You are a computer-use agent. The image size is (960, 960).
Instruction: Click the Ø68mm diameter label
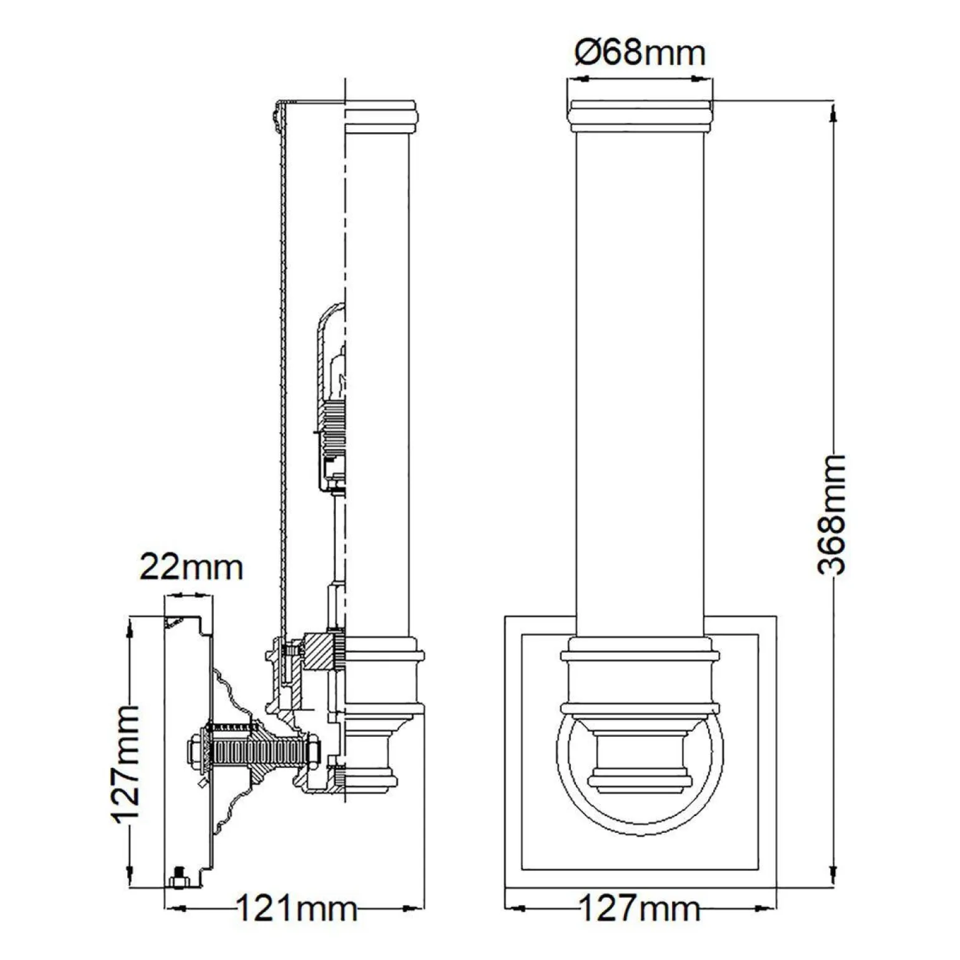(x=640, y=53)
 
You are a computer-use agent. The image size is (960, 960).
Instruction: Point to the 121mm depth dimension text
(x=296, y=909)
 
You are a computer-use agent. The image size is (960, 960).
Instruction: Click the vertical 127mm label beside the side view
(x=127, y=764)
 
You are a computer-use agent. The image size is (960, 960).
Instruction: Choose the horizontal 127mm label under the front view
(x=640, y=909)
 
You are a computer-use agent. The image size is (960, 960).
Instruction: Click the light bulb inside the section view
(x=335, y=374)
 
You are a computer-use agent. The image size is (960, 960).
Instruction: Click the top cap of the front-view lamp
(x=640, y=115)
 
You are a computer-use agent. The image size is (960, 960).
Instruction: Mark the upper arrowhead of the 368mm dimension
(x=833, y=112)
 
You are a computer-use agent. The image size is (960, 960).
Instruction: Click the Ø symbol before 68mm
(x=587, y=53)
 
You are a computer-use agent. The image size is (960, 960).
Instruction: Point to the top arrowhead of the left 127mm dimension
(x=130, y=625)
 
